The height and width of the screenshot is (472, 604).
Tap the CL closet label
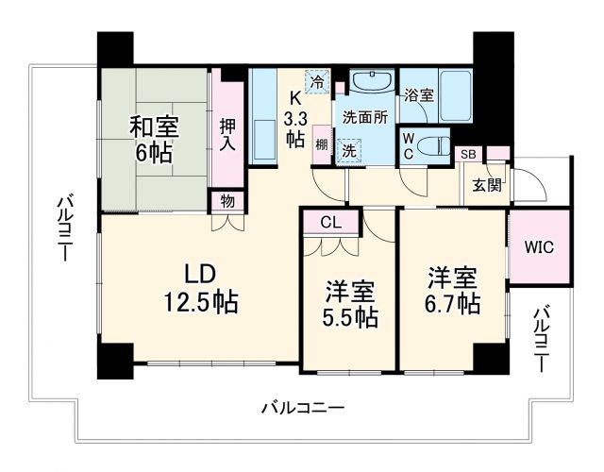pos(329,224)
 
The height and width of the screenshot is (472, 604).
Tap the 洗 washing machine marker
pos(348,149)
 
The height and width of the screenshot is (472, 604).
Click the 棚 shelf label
pos(322,143)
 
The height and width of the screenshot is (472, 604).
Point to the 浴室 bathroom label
pos(419,95)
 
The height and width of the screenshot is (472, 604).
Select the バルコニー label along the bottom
pos(302,409)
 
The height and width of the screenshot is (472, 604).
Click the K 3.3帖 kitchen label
pos(294,118)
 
